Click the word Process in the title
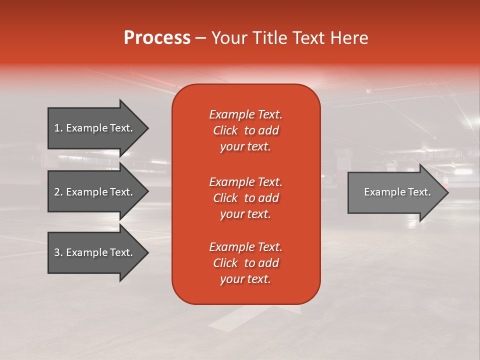[x=157, y=37]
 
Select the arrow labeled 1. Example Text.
[x=95, y=128]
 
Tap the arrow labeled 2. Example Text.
[x=95, y=192]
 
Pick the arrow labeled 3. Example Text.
[x=95, y=252]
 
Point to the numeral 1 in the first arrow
[x=56, y=128]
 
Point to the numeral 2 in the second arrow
[x=57, y=192]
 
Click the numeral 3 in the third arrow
[x=57, y=252]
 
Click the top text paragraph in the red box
[x=245, y=130]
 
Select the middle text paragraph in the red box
[x=245, y=198]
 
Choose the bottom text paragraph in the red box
[x=245, y=263]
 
